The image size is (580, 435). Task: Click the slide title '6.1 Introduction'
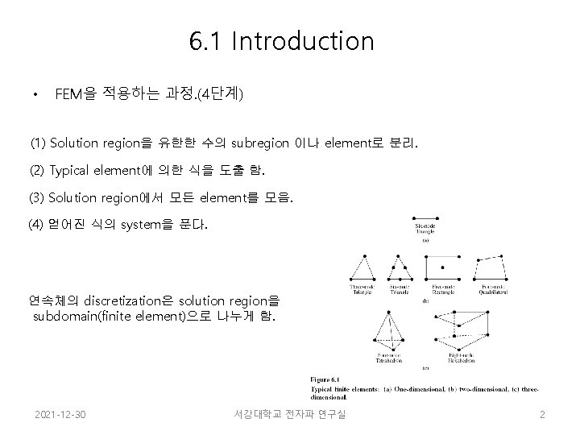[282, 41]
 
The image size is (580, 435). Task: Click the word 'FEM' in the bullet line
[68, 95]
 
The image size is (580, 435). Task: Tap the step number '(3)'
[37, 197]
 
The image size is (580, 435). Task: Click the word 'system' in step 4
[143, 224]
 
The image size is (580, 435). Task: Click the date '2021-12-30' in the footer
[61, 414]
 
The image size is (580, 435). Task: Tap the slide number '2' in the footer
[543, 414]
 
